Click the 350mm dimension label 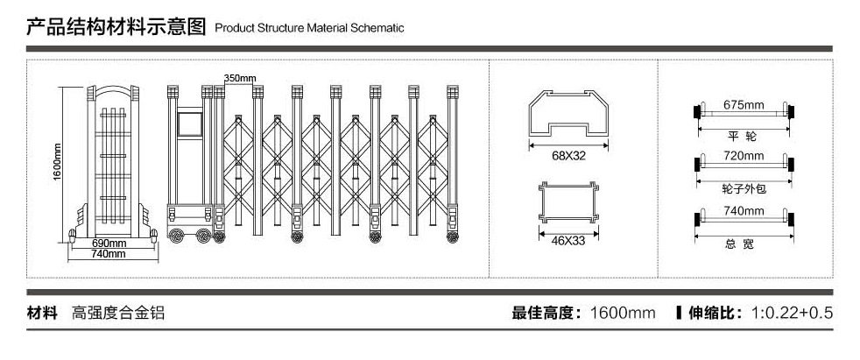(239, 78)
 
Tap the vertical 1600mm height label (56, 163)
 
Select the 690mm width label (109, 243)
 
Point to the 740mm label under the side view (109, 253)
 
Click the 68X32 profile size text (568, 157)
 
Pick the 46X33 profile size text (568, 240)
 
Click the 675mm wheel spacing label (744, 105)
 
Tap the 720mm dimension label (744, 156)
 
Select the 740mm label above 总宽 (744, 211)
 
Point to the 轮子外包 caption (743, 189)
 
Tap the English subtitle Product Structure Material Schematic (308, 28)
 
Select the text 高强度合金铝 (118, 313)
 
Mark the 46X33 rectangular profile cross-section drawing (568, 202)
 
